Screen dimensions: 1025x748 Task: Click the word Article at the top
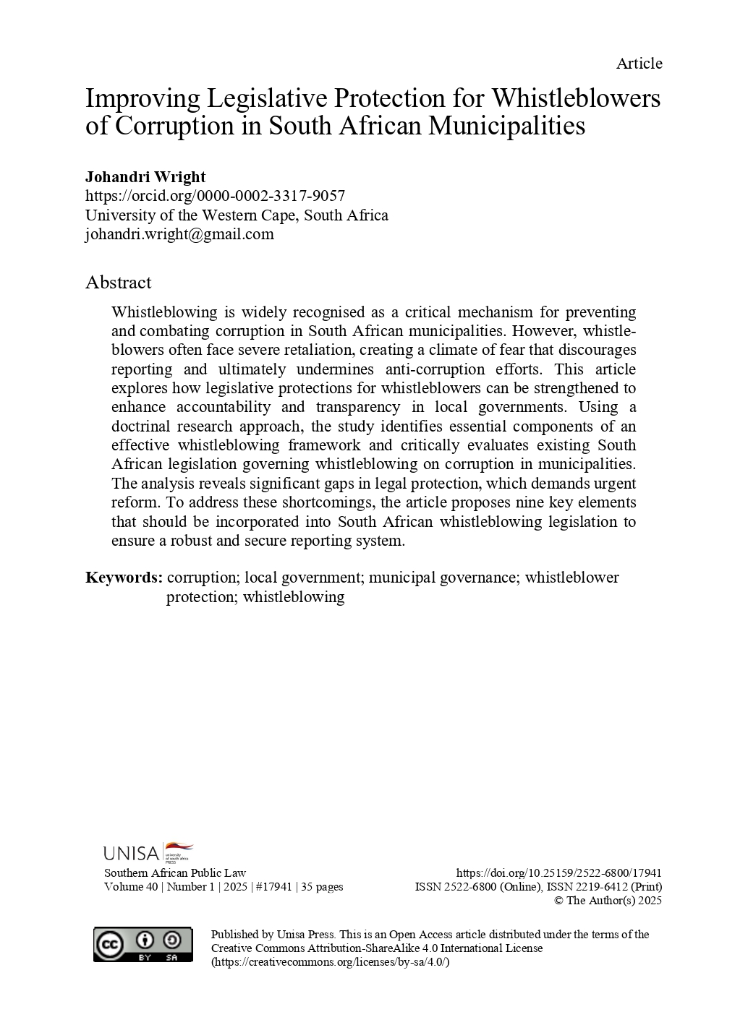click(639, 64)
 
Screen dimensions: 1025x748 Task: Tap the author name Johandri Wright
click(145, 176)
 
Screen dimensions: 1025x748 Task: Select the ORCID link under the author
click(215, 196)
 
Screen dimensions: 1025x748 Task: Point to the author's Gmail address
click(179, 234)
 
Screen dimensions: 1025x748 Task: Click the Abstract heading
click(119, 282)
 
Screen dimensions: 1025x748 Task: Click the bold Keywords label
click(124, 578)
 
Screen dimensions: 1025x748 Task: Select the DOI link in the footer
click(559, 873)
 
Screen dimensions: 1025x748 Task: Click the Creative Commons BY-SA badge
click(143, 945)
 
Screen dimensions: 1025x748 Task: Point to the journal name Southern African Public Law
click(175, 873)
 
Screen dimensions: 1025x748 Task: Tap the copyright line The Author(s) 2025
click(608, 901)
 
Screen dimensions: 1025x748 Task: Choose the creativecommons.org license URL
click(331, 962)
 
